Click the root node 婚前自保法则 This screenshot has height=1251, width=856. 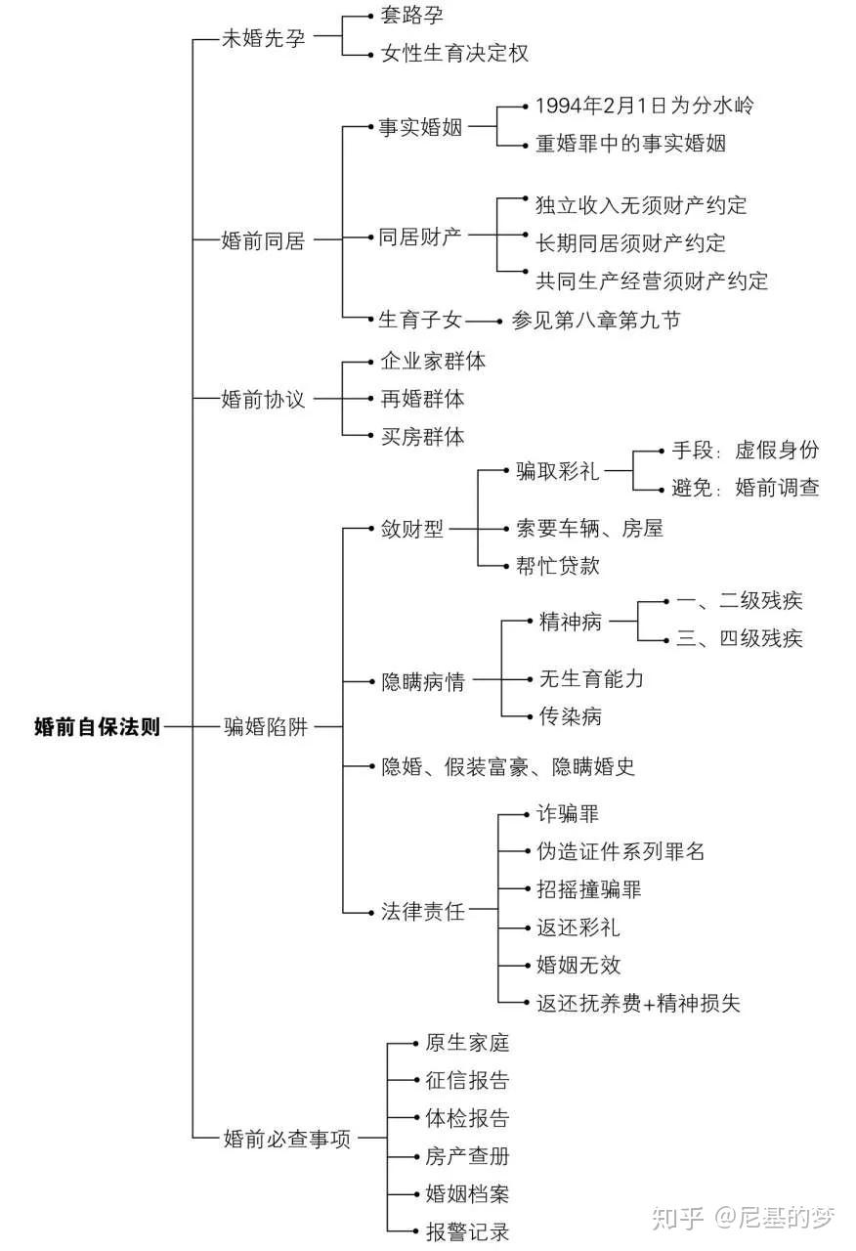97,726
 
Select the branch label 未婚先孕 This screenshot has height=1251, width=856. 264,37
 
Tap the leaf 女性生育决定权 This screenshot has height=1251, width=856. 454,53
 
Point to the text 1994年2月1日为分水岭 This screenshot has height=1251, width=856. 644,105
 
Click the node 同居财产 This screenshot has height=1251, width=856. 420,237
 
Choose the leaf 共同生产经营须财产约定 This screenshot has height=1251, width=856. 652,280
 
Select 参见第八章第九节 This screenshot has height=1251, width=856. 596,320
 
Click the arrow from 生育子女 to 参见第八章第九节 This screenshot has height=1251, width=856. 484,322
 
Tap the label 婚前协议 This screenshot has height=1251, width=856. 263,399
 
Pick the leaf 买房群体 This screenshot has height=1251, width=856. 423,436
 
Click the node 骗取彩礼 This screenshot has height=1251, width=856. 557,471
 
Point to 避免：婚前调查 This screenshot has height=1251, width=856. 746,487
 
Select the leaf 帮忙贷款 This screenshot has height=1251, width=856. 557,566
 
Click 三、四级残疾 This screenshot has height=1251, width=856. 740,638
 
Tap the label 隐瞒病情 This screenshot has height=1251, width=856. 423,681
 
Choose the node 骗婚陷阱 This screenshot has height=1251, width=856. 266,726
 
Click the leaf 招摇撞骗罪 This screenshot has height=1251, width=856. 589,889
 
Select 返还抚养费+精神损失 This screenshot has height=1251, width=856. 638,1003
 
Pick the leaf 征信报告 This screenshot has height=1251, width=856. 467,1080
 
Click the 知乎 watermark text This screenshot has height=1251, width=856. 678,1218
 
